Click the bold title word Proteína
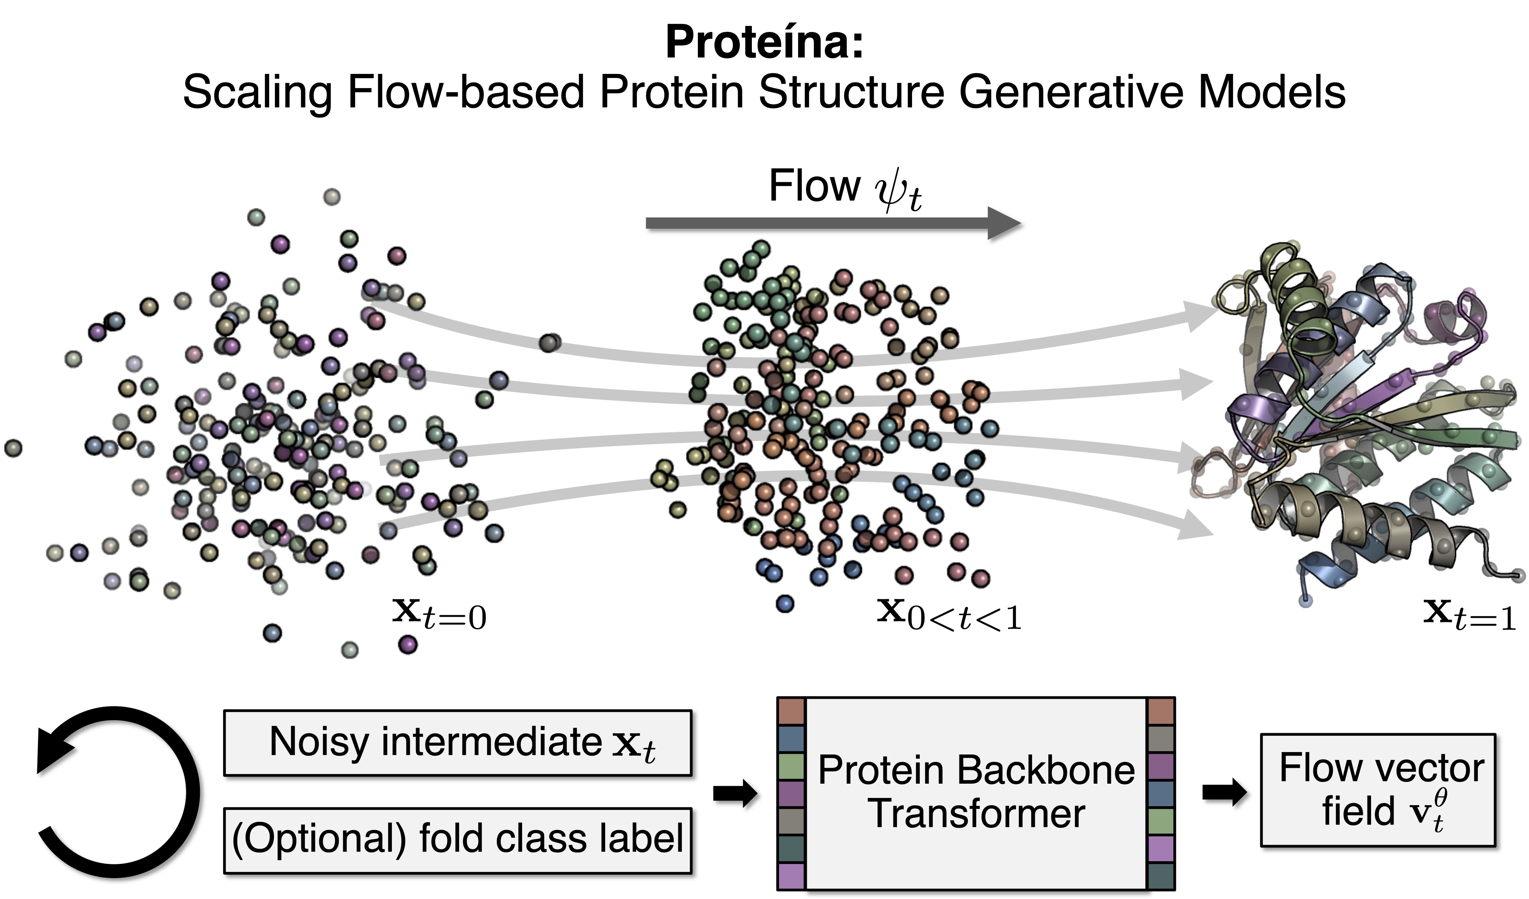click(x=763, y=42)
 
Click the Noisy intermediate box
click(x=457, y=743)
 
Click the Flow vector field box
click(x=1377, y=790)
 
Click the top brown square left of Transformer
click(x=791, y=712)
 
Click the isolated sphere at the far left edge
click(x=13, y=448)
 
